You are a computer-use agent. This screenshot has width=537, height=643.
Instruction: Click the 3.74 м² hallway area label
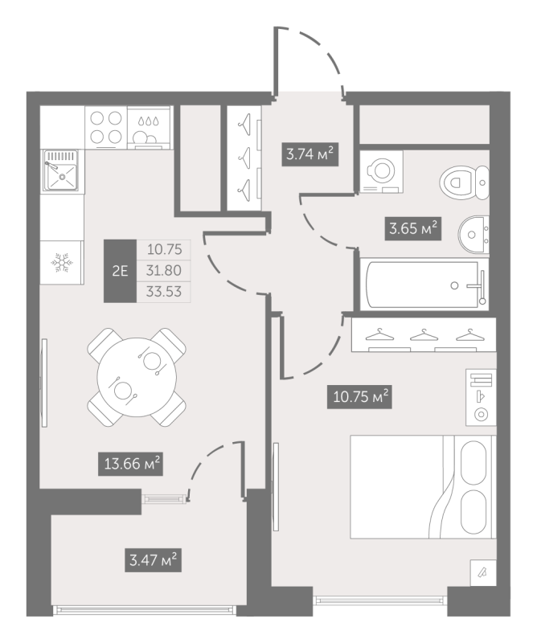(309, 154)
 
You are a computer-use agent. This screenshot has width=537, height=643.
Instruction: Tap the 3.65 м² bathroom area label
(412, 228)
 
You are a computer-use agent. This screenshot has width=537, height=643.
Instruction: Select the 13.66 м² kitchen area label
(130, 464)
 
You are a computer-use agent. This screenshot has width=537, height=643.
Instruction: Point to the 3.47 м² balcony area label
(153, 559)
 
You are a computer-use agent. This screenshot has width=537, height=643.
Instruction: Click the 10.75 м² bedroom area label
(359, 396)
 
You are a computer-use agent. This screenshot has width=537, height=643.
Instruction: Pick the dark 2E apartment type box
(120, 271)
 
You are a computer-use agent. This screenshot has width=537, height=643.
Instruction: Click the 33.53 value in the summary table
(164, 292)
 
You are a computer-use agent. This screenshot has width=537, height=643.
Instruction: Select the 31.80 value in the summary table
(164, 270)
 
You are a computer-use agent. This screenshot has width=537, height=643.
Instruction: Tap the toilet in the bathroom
(465, 182)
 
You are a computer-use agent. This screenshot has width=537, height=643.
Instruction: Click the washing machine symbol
(381, 171)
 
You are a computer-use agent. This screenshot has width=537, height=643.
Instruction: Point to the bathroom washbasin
(473, 235)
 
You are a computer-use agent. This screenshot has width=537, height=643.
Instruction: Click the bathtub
(424, 285)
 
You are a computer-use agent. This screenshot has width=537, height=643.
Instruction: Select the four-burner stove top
(106, 128)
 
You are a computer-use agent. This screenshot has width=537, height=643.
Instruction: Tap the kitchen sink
(61, 170)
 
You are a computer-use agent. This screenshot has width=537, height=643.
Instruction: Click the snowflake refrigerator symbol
(62, 263)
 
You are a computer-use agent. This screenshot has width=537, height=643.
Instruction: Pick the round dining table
(137, 377)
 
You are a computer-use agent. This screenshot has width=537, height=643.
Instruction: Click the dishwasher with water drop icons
(149, 128)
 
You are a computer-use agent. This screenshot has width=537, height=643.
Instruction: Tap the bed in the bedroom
(423, 487)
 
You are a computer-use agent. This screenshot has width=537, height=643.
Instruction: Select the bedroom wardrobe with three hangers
(424, 334)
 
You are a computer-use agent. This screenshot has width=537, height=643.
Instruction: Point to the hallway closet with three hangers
(244, 158)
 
